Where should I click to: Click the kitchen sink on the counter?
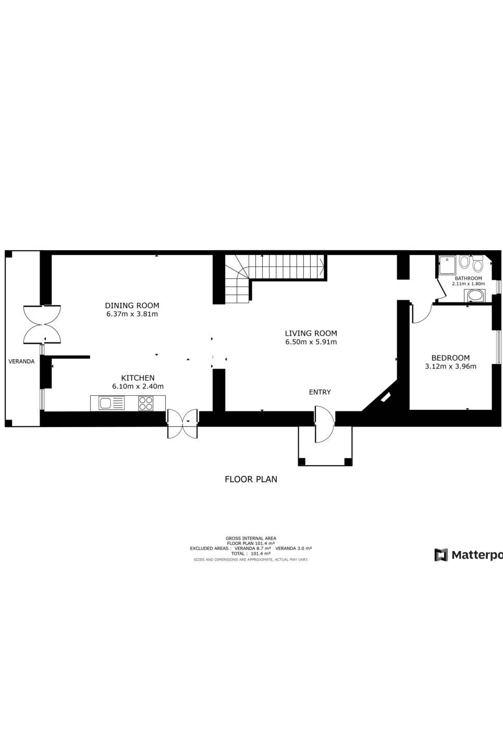click(111, 403)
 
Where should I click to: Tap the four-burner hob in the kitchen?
click(145, 403)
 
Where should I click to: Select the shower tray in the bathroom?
click(447, 264)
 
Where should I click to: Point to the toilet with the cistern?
click(477, 264)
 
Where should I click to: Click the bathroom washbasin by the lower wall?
click(475, 296)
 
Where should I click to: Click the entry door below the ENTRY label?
click(324, 424)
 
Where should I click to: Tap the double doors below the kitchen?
click(182, 423)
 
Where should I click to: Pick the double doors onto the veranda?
click(42, 324)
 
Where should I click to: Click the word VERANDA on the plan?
click(21, 361)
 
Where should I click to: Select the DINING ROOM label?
click(132, 306)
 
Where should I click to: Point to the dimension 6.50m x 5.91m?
click(311, 342)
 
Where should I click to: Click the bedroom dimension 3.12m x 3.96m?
click(450, 367)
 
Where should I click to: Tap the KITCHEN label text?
click(138, 378)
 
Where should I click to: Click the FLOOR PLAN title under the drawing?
click(251, 479)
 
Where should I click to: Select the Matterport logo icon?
click(441, 555)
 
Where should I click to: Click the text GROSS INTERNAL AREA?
click(251, 538)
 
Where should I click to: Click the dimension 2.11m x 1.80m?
click(468, 284)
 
